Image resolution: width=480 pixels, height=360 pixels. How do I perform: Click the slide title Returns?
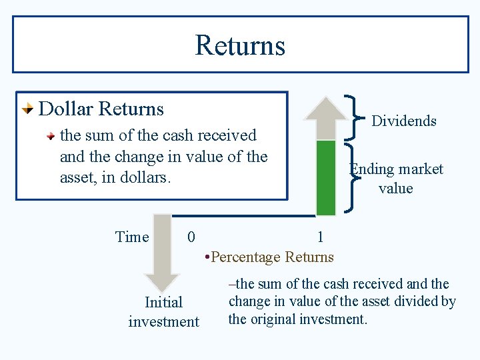[x=240, y=45]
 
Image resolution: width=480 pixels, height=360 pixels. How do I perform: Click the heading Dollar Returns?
[x=101, y=108]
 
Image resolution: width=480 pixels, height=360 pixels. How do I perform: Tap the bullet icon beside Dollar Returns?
[x=27, y=109]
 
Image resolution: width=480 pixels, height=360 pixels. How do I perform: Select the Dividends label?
[x=403, y=121]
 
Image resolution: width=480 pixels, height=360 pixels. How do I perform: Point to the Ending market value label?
[x=396, y=179]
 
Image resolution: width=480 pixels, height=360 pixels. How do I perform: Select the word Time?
[x=132, y=237]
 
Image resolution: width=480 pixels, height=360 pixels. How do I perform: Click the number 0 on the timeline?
[x=191, y=237]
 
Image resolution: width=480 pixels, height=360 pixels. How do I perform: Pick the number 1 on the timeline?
[x=320, y=237]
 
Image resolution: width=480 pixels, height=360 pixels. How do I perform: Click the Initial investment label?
[x=163, y=312]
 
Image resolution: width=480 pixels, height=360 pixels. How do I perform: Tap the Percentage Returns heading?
[x=272, y=257]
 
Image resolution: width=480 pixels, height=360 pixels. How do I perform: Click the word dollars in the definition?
[x=151, y=179]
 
